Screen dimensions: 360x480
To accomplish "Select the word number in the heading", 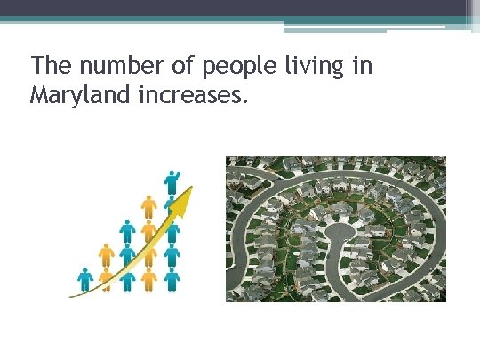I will [108, 66].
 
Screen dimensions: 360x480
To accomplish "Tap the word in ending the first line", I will [362, 66].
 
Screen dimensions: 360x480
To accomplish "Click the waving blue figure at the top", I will [172, 181].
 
